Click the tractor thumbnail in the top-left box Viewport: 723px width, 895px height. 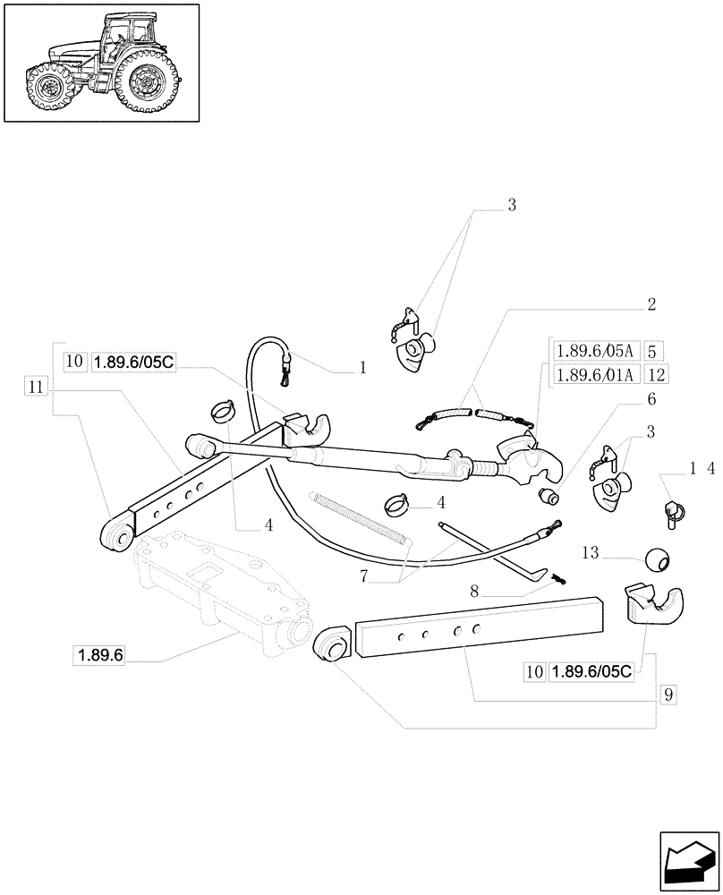(x=100, y=62)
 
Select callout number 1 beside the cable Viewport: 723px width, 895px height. (x=362, y=367)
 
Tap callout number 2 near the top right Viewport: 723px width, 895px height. (x=651, y=305)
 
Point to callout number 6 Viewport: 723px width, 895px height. (x=651, y=399)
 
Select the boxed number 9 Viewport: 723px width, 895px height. (x=668, y=694)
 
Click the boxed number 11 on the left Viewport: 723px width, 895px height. (x=35, y=387)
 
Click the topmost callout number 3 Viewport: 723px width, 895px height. (x=512, y=206)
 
